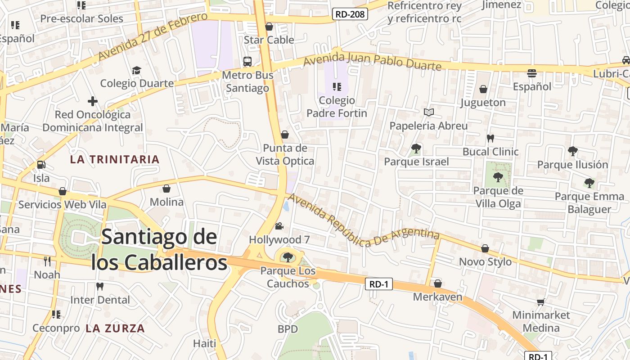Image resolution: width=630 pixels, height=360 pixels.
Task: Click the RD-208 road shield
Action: tap(351, 14)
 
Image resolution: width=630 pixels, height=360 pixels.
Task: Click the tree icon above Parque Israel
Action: tap(416, 148)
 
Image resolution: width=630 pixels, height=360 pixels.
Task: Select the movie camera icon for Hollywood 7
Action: tap(279, 226)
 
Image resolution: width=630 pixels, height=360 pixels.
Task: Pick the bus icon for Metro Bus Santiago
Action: tap(247, 62)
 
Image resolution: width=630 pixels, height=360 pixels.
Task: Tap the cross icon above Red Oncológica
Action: tap(93, 101)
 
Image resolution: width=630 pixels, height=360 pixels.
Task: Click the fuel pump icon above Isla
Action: tap(41, 165)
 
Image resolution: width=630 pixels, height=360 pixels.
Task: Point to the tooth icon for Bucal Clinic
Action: tap(490, 138)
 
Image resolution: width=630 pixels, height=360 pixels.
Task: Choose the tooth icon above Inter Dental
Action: tap(100, 286)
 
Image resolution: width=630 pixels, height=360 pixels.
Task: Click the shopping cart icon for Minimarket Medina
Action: tap(540, 302)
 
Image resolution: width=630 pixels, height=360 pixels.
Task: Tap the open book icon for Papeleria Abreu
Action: tap(428, 112)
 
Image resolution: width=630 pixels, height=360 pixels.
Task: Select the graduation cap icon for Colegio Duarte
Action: tap(136, 70)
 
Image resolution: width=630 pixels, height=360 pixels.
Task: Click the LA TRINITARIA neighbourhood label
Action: tap(115, 159)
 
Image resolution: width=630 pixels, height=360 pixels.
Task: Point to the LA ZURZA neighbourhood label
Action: tap(115, 328)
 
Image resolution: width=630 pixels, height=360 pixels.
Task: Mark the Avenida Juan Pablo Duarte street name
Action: tap(372, 62)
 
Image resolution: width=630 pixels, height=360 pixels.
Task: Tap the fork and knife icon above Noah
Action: tap(47, 261)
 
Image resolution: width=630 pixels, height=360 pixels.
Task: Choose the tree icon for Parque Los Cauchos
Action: tap(288, 257)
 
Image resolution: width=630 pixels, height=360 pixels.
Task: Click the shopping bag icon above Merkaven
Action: tap(437, 283)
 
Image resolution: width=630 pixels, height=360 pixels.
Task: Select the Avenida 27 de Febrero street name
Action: tap(153, 36)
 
